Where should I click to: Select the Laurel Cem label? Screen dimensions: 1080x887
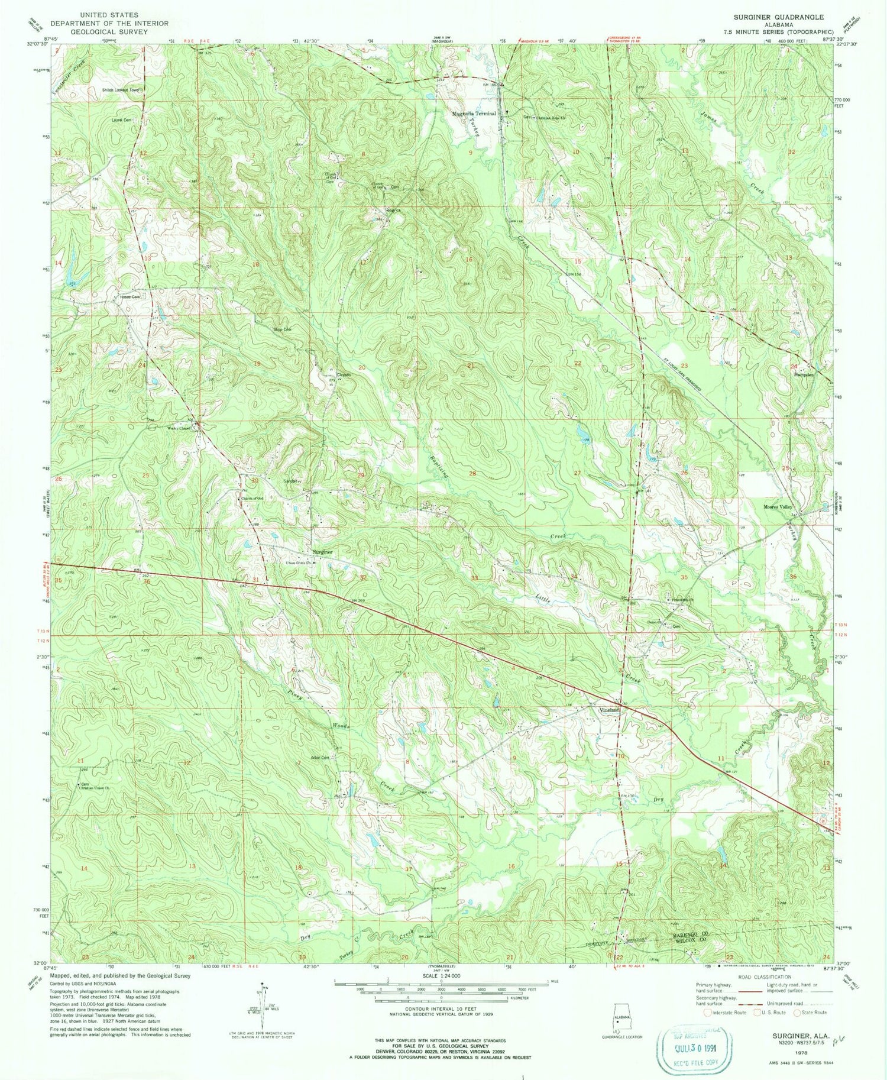(x=123, y=119)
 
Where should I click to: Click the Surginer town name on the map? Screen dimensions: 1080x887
(x=323, y=552)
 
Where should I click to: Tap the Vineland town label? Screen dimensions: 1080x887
(x=610, y=710)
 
